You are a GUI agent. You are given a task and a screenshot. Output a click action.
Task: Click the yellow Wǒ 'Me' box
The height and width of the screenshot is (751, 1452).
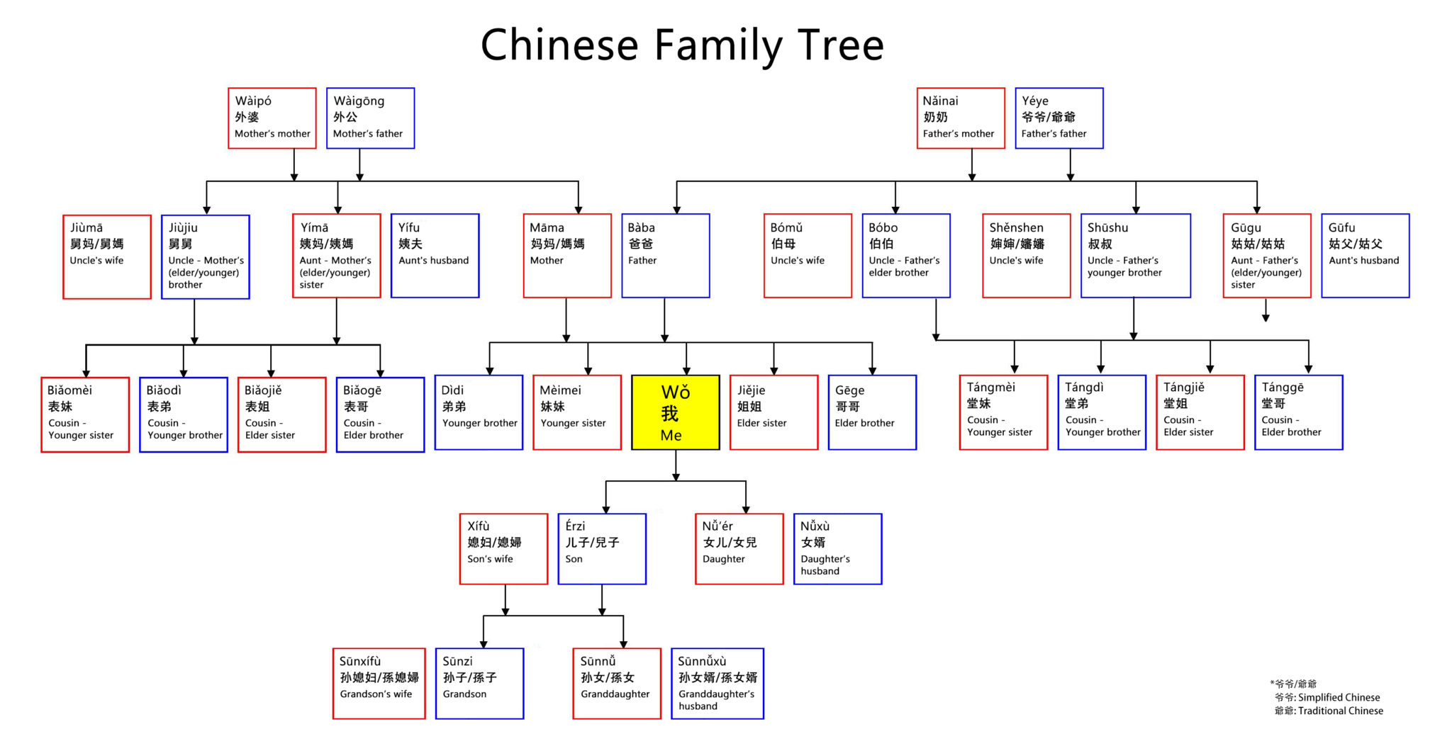(675, 412)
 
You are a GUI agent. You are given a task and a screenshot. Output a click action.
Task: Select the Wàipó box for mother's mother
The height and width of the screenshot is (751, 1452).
(272, 118)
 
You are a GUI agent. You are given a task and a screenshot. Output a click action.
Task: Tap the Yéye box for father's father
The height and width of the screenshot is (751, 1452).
(1059, 118)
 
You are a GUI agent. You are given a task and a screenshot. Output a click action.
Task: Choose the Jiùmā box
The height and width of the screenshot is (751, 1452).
(107, 256)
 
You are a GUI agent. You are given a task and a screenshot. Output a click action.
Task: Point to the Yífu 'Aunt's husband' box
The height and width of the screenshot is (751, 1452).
(435, 256)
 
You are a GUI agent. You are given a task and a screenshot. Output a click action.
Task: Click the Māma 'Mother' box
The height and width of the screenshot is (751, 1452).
(566, 256)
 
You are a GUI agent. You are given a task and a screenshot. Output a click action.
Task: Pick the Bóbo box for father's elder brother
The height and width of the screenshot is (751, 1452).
(905, 256)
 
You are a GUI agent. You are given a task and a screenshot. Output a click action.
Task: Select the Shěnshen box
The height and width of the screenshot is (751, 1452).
(1026, 256)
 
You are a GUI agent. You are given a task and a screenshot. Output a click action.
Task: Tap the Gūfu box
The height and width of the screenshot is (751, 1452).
(1365, 256)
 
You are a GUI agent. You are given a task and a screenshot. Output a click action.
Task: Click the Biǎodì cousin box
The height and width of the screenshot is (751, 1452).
(184, 414)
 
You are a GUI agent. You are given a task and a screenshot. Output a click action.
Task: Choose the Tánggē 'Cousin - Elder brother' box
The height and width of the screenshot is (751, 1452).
(1298, 412)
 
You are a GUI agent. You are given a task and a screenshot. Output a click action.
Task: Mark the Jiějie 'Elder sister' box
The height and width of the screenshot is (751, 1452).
(774, 412)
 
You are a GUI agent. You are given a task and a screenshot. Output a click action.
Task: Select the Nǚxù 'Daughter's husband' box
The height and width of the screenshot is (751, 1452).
(837, 549)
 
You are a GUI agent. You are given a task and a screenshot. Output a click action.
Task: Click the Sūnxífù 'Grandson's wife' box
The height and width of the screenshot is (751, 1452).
(379, 684)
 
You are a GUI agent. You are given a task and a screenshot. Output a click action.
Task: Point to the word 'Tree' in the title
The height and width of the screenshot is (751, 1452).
(841, 45)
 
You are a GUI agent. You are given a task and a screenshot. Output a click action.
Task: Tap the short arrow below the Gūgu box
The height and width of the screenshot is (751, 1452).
(1266, 310)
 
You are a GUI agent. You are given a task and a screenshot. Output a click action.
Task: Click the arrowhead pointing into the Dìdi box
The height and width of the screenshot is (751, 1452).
(489, 370)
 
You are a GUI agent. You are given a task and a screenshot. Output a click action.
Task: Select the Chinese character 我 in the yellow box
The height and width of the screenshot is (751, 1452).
(670, 414)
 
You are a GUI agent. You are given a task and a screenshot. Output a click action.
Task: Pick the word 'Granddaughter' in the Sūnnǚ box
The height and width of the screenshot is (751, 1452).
(615, 694)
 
